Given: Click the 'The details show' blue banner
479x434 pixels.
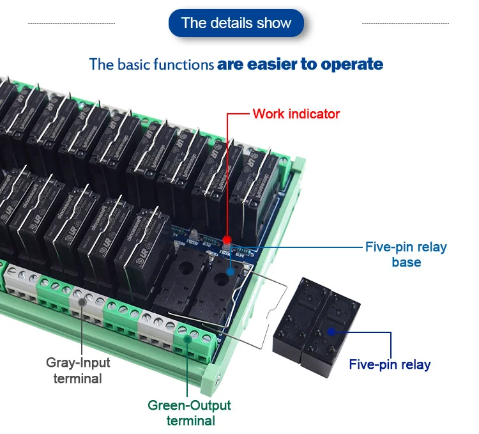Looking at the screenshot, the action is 236,24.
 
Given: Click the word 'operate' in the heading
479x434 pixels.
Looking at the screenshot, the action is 352,64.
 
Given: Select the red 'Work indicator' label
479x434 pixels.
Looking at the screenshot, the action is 296,114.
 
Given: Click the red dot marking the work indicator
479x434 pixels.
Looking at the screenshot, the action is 229,244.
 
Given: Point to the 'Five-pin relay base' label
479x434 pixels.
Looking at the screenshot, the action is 406,254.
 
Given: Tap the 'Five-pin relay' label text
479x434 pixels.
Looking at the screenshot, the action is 390,365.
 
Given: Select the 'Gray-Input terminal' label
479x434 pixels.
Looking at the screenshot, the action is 78,370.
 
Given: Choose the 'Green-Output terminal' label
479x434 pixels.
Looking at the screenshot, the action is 189,412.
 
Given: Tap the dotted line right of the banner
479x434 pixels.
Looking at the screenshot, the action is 405,24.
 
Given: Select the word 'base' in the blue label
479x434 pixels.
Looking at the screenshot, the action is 406,262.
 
